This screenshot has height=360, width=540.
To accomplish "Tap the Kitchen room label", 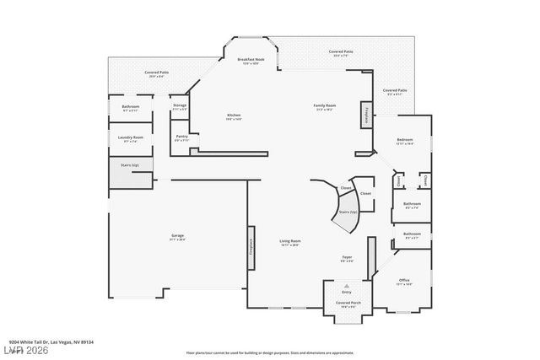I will tap(234, 116).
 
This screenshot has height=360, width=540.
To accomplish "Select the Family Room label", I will tap(326, 105).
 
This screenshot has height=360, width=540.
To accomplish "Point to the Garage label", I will tap(177, 236).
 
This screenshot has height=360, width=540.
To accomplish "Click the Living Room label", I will tap(290, 242).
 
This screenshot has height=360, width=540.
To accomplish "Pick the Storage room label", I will tap(180, 106).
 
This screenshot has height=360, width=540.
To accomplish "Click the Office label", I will tap(405, 281).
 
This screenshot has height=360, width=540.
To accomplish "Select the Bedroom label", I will tap(405, 141).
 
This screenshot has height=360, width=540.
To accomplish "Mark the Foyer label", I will tap(347, 257).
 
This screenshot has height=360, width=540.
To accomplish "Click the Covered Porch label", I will tap(347, 303).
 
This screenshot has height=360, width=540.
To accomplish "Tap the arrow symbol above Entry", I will tap(347, 286).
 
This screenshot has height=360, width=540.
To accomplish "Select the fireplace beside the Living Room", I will tap(251, 245).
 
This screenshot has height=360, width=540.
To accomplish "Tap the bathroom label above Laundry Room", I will tap(130, 107).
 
